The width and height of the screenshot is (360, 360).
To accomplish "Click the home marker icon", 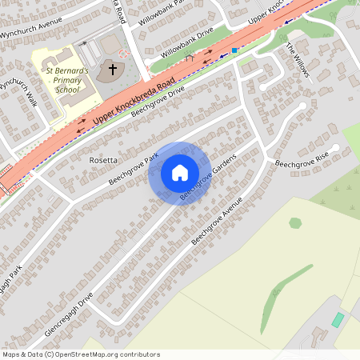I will (x=180, y=173).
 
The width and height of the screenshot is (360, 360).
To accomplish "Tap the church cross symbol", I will (x=113, y=70).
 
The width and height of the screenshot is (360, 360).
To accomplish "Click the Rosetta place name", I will (x=103, y=160).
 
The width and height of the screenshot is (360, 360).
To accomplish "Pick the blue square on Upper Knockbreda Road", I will (x=234, y=50).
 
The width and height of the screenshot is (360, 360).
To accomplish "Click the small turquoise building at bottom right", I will (x=338, y=319).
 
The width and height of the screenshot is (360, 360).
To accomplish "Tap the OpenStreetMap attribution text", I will (x=80, y=354).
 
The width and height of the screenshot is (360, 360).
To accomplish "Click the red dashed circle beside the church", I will (x=123, y=53).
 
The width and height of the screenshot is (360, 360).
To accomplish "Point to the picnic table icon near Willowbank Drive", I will (x=189, y=58).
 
